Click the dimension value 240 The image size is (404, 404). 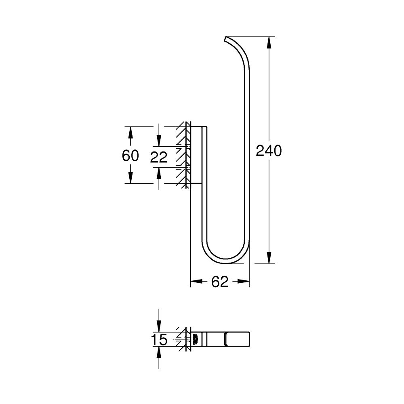[x=268, y=151]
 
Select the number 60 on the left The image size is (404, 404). [x=130, y=156]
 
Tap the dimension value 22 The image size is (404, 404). [x=159, y=158]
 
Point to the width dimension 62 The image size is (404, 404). [x=220, y=282]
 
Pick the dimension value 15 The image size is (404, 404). [x=160, y=340]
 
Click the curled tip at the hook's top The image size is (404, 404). [x=226, y=39]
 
